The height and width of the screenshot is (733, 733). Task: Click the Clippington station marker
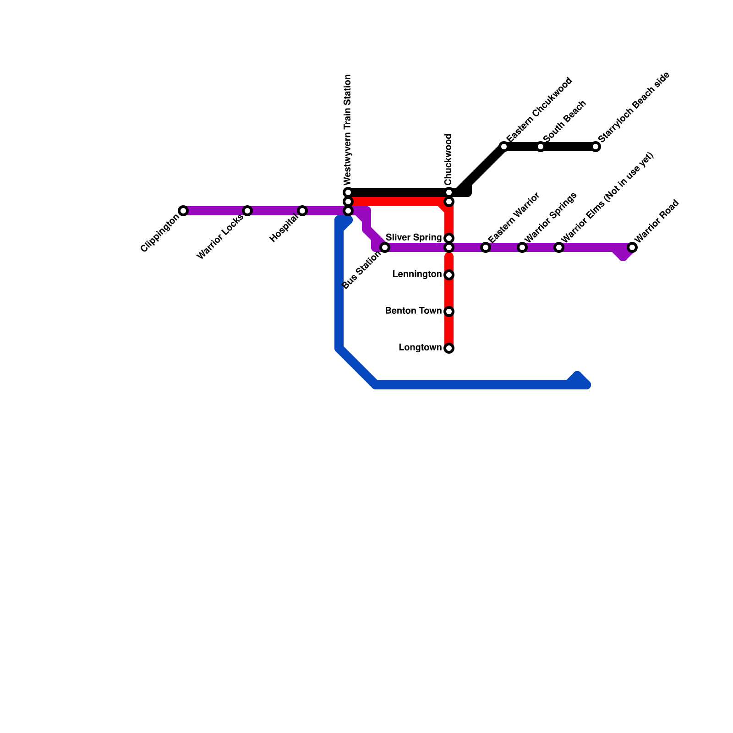(183, 211)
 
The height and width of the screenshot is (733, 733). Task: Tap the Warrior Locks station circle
(247, 211)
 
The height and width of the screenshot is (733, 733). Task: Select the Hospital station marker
(302, 211)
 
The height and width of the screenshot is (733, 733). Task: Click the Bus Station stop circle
(385, 247)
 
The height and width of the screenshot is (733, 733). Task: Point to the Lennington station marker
(449, 275)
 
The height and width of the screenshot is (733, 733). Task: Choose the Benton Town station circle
(449, 312)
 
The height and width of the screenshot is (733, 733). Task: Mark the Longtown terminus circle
(449, 348)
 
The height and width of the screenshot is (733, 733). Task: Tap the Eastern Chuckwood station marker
(504, 147)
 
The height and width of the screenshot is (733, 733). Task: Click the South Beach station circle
(541, 147)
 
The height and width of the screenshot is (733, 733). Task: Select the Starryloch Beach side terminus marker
(596, 147)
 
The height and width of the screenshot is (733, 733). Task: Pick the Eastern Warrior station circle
(486, 247)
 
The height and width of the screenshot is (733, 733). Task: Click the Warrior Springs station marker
(522, 247)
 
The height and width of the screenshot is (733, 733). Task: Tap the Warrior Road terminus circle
(632, 247)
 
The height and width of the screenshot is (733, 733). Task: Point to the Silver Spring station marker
(449, 238)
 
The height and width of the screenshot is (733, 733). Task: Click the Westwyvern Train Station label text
(348, 128)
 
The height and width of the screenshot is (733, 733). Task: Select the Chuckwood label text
(449, 159)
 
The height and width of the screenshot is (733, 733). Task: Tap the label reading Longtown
(420, 348)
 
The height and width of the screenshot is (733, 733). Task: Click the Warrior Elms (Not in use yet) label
(607, 197)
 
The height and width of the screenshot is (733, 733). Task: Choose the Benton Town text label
(413, 311)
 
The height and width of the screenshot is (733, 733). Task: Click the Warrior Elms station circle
(559, 247)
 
